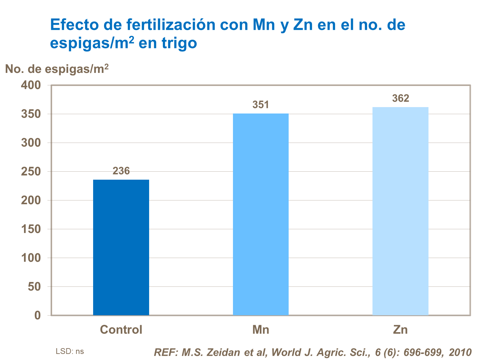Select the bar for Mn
(x=260, y=214)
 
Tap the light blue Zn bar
(x=400, y=211)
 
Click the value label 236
(x=121, y=171)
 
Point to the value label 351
(x=260, y=105)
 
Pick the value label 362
(x=400, y=98)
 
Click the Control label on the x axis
(x=121, y=330)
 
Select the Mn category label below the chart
(x=260, y=330)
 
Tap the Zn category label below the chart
(x=400, y=330)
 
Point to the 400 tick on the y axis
(x=31, y=85)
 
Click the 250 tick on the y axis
(x=31, y=172)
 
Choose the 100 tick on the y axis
(x=31, y=258)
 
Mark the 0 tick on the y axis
(x=37, y=316)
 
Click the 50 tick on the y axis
(x=34, y=287)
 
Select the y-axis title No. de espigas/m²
(x=57, y=69)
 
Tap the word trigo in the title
(x=179, y=43)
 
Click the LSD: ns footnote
(x=70, y=351)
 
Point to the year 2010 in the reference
(x=460, y=352)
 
